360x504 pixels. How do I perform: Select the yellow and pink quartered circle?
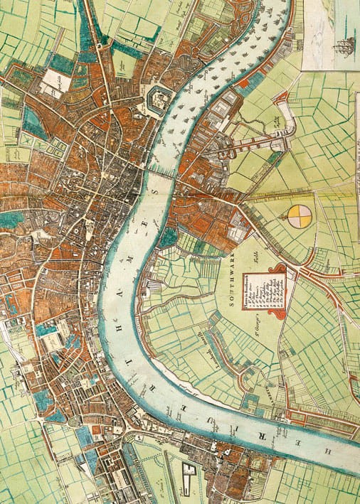[300, 217]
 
